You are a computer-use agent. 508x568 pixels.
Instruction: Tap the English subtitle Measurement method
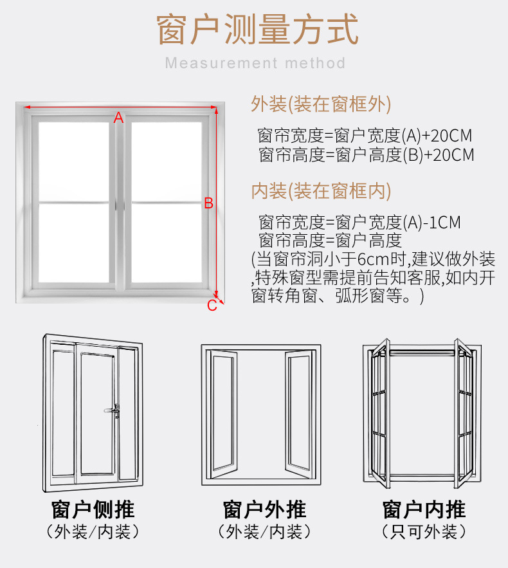point(255,63)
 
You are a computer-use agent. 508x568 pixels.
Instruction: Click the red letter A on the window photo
point(118,117)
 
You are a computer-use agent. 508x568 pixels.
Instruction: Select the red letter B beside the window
point(208,203)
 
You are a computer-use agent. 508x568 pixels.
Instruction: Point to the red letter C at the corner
point(212,306)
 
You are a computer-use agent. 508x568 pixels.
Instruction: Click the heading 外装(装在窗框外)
point(321,104)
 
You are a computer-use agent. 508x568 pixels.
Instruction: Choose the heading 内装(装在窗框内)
point(321,190)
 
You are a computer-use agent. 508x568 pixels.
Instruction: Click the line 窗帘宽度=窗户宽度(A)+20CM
point(365,136)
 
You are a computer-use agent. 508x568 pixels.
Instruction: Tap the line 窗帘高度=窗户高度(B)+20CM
point(366,154)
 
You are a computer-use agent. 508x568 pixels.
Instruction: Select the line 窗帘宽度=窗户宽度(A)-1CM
point(359,223)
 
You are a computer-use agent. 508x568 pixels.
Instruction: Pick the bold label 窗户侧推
point(93,510)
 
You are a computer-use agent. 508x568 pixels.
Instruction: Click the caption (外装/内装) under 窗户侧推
point(93,532)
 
